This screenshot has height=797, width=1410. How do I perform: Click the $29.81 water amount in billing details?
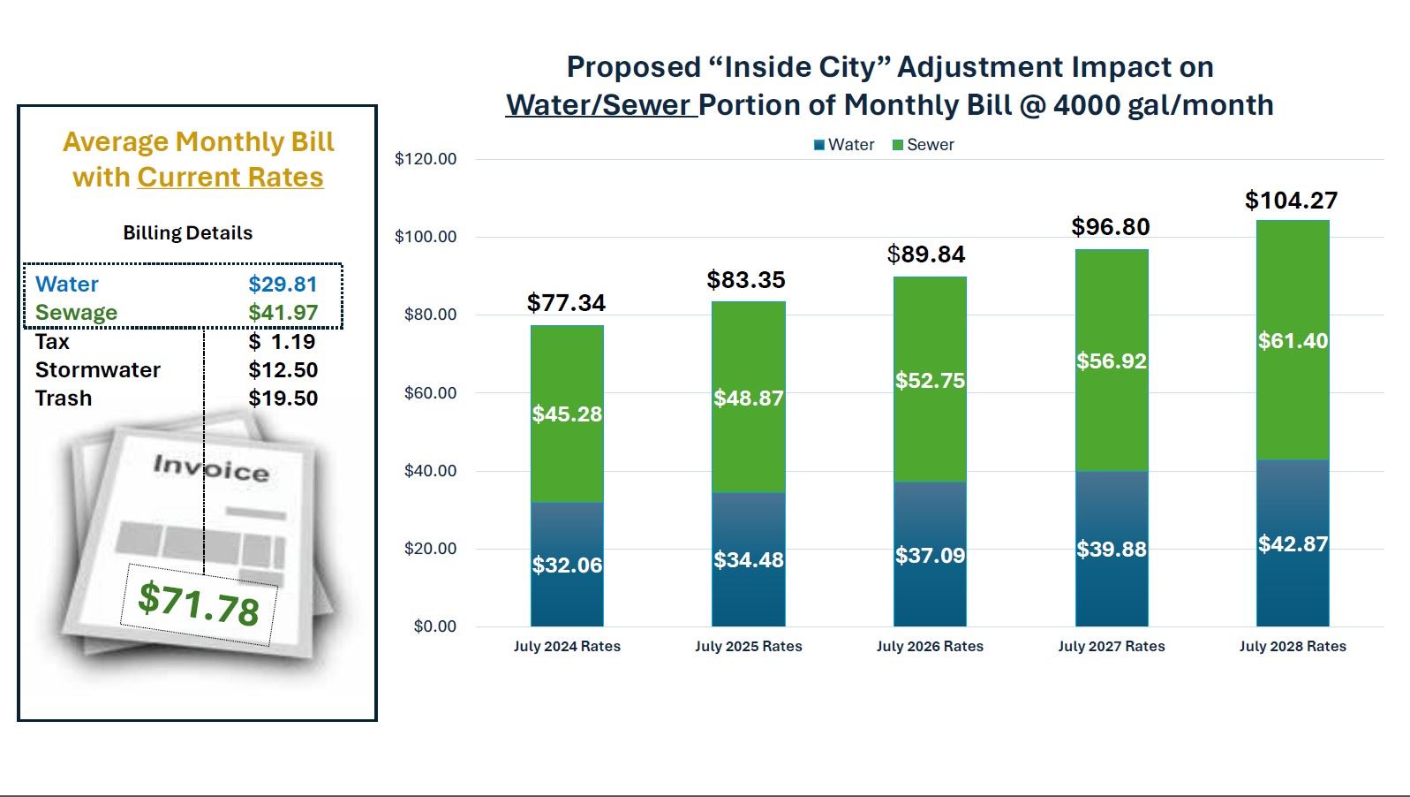coord(283,284)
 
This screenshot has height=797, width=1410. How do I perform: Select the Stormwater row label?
coord(98,369)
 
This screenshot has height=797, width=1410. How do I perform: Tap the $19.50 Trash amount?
coord(283,398)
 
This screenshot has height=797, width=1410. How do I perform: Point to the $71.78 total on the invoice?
coord(199,603)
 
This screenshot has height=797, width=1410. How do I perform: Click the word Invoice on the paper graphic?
coord(211,467)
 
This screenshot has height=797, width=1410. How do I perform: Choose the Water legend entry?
coord(844,145)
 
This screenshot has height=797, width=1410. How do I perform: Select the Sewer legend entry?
coord(924,145)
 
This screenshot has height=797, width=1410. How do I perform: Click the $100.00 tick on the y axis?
coord(426,237)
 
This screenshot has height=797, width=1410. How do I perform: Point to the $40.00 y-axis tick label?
coord(430,470)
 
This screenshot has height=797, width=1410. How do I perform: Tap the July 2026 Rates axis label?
coord(930,646)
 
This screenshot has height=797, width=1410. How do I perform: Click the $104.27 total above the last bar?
coord(1291,201)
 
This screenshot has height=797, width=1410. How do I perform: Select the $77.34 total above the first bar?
coord(566,303)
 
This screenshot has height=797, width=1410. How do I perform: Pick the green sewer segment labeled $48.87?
coord(748,398)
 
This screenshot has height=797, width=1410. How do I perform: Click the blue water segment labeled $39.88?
coord(1111,549)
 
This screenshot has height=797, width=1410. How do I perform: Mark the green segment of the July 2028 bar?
coord(1293,340)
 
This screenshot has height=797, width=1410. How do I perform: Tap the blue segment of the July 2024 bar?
coord(567,565)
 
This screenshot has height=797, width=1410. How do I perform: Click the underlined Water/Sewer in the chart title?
coord(599,105)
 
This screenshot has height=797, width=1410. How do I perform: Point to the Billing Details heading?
coord(187,233)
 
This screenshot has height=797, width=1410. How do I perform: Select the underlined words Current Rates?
coord(230,178)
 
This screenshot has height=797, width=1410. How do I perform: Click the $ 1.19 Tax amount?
coord(282,342)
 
